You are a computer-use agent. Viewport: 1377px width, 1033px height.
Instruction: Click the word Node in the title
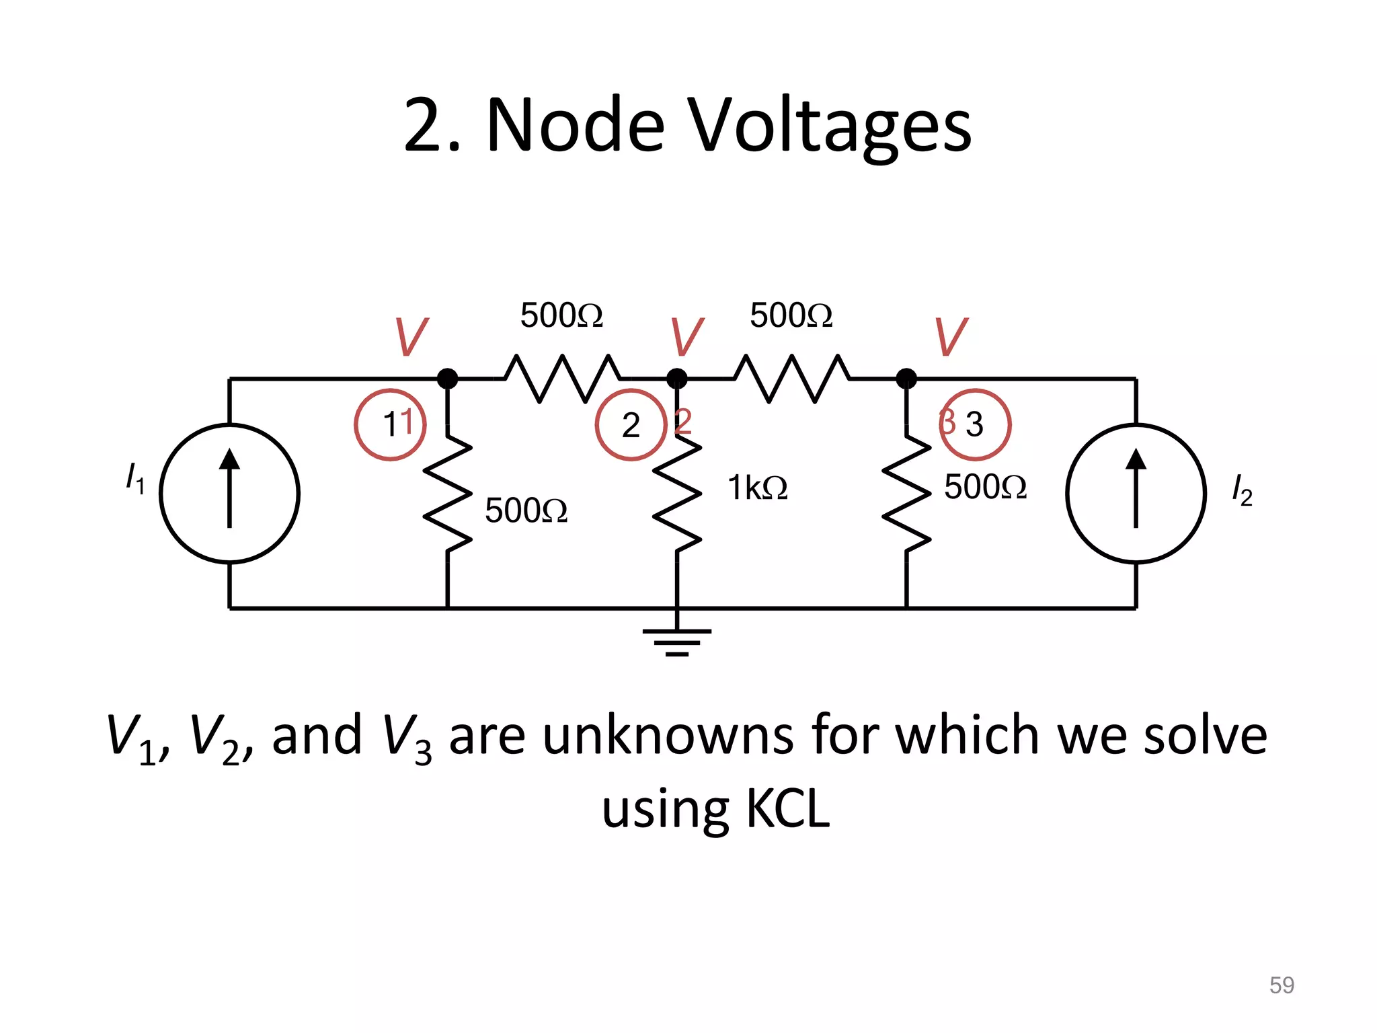575,126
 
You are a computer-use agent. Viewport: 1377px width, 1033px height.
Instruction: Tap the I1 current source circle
229,493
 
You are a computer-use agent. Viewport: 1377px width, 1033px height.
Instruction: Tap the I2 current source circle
1136,493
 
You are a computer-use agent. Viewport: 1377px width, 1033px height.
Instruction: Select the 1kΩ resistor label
757,488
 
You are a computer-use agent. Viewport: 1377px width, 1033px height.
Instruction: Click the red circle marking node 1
390,424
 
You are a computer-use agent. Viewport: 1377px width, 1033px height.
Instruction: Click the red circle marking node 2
631,424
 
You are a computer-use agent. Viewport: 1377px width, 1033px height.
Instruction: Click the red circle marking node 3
975,424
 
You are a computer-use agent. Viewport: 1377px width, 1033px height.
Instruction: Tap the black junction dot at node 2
676,379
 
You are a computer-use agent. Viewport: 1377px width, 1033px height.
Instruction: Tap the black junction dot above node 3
906,379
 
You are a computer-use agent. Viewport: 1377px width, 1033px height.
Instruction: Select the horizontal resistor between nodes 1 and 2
562,379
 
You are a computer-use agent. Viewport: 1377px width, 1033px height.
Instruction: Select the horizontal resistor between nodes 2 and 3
791,379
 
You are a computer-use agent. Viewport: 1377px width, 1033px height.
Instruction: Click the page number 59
1282,985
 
